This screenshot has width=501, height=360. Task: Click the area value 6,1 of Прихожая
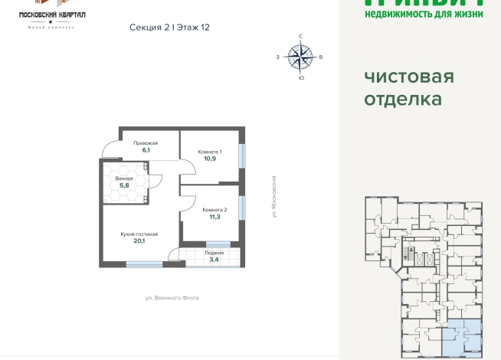146,151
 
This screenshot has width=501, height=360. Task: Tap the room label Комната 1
209,152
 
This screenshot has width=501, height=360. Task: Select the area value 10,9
209,160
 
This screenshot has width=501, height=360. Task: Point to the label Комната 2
214,209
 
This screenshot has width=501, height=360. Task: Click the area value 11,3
214,218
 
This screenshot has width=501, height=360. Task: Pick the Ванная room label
123,178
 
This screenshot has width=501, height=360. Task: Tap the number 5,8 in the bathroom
123,186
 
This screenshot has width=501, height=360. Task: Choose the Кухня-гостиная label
139,233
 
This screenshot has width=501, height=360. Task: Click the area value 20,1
139,241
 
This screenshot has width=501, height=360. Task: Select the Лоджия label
214,251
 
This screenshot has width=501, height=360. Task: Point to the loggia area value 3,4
214,259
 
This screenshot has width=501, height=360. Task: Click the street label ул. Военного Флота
172,297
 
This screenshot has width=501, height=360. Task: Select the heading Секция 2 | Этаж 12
170,27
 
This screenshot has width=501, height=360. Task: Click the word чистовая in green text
409,77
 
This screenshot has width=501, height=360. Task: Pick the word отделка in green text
403,100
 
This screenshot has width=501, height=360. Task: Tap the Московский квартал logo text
52,15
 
